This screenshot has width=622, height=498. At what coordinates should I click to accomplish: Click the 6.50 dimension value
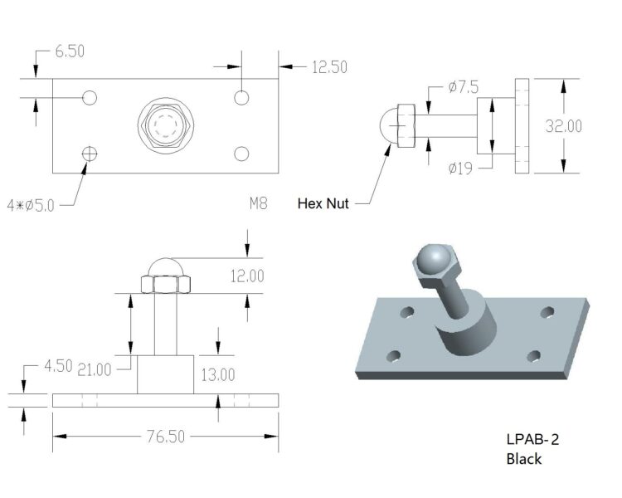coord(70,51)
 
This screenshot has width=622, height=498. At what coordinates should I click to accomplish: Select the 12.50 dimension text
coord(329,68)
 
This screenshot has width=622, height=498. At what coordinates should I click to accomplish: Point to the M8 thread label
coord(258,202)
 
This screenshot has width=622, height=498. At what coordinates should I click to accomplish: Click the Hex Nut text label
coord(323,203)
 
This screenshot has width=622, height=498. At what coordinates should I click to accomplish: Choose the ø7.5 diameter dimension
coord(463,86)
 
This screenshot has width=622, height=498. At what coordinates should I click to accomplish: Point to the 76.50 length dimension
coord(165,437)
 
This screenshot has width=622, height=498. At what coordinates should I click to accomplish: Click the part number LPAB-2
coord(538,440)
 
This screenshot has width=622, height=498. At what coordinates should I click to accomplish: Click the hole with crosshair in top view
coord(90,153)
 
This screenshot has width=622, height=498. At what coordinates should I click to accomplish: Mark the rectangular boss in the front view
coord(165,374)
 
